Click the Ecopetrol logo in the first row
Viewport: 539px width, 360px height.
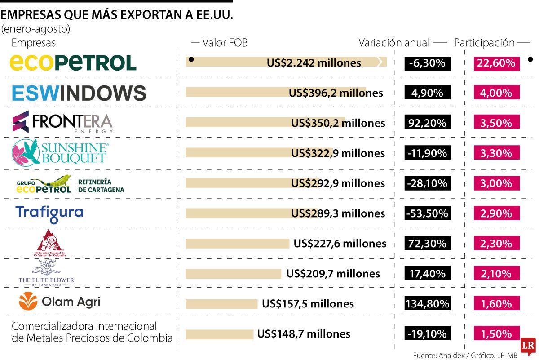[73, 62]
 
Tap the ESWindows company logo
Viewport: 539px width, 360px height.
[79, 93]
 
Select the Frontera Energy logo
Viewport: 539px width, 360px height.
[62, 122]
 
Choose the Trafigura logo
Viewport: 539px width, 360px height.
[49, 213]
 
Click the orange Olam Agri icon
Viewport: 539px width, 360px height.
[28, 301]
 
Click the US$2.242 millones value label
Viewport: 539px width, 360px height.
[314, 63]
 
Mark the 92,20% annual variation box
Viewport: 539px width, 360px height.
[427, 123]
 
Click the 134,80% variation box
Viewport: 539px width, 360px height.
[427, 304]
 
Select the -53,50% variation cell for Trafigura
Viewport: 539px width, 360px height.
[427, 213]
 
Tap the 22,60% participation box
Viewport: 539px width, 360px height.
[496, 63]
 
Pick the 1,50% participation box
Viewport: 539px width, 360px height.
[496, 334]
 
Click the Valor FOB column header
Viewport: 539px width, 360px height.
[225, 43]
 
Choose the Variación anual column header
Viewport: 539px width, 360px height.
[394, 43]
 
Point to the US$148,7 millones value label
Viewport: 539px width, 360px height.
[304, 334]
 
